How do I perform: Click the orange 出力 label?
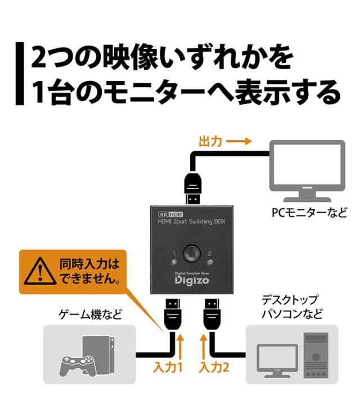(x=210, y=141)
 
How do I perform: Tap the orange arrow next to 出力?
(x=238, y=141)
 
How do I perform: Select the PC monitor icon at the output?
(x=307, y=171)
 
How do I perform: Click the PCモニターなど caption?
(x=309, y=213)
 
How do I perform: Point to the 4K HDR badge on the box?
(x=170, y=214)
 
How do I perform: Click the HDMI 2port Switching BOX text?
(x=191, y=221)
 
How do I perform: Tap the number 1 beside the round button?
(x=174, y=254)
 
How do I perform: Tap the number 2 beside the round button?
(x=209, y=254)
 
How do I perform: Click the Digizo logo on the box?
(x=192, y=280)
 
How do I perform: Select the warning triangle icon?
(x=40, y=271)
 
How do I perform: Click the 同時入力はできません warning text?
(x=90, y=271)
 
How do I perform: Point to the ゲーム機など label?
(x=90, y=314)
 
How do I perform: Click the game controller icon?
(x=76, y=365)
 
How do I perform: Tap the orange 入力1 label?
(x=168, y=367)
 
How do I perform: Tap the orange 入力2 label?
(x=214, y=367)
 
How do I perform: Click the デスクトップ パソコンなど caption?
(x=292, y=307)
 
